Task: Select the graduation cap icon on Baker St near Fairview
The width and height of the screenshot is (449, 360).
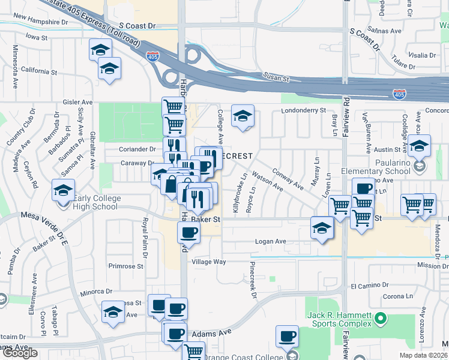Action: pos(322,228)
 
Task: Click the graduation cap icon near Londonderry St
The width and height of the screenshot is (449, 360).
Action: pos(243,116)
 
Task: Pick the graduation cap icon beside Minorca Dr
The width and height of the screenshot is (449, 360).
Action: pos(112,312)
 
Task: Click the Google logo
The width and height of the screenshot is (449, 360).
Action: pos(19,353)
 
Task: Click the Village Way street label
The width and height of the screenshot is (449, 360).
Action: pos(208,262)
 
